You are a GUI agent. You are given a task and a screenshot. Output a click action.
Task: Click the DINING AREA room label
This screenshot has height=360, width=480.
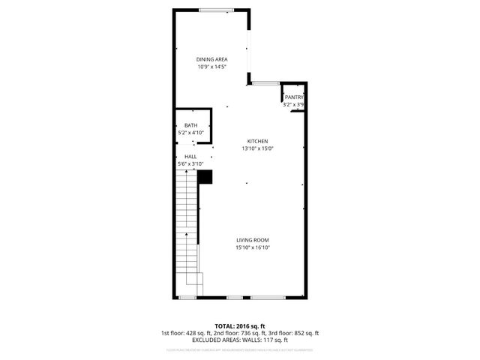point(212,59)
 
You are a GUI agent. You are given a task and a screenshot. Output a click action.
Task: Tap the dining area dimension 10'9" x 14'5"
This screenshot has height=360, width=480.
point(212,67)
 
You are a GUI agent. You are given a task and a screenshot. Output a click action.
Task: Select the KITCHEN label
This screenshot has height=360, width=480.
point(257,141)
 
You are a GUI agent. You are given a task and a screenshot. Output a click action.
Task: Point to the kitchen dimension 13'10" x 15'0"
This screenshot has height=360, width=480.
point(257,148)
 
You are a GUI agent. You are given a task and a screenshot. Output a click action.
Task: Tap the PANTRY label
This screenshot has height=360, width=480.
point(293,97)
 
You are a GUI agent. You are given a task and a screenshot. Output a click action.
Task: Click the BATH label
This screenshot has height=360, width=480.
point(191,125)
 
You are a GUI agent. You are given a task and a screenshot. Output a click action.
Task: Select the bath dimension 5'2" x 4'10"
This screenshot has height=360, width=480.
point(191,133)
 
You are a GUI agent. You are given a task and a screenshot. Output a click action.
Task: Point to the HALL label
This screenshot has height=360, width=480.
point(190,156)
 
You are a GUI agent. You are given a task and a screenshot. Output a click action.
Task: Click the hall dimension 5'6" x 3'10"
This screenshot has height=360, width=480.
point(190,163)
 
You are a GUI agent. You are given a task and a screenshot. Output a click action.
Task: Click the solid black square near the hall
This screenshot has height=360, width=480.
point(205,176)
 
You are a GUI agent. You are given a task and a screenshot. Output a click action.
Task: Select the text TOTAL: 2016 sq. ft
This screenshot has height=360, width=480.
point(240,326)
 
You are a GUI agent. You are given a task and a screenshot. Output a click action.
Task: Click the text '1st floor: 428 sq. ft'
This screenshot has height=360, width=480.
point(187,333)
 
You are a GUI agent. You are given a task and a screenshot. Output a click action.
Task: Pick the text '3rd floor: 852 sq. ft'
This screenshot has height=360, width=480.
point(294,333)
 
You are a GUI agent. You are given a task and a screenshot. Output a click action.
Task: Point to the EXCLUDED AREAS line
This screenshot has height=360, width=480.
point(240,340)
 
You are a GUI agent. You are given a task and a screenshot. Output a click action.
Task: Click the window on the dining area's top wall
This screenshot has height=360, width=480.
point(217,9)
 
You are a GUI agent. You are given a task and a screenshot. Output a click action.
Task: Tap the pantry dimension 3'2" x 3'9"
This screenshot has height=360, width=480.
point(293,105)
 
